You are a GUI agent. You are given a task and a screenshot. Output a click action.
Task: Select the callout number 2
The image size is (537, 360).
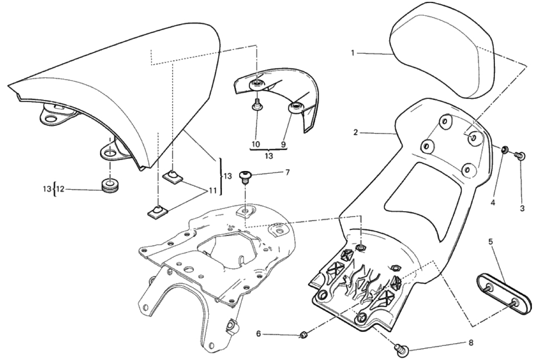point(356,133)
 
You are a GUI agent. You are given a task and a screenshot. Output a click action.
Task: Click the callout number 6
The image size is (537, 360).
point(259,334)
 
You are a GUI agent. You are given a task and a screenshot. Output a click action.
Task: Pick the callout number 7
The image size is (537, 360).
point(287,172)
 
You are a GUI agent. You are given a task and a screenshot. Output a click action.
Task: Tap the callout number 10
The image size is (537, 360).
point(256,144)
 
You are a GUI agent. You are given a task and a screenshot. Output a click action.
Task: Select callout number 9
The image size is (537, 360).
point(284,144)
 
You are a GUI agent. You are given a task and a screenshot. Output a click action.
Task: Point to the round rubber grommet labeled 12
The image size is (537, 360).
point(109,186)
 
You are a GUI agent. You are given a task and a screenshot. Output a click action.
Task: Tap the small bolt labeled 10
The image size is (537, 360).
point(256,106)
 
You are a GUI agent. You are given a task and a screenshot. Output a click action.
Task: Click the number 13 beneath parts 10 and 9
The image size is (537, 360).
point(269,156)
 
